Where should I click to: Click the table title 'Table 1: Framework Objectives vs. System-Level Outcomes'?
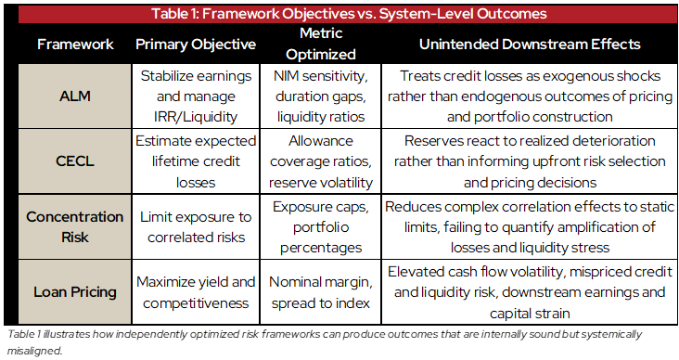[339, 13]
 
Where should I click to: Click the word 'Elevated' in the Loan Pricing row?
[417, 274]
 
